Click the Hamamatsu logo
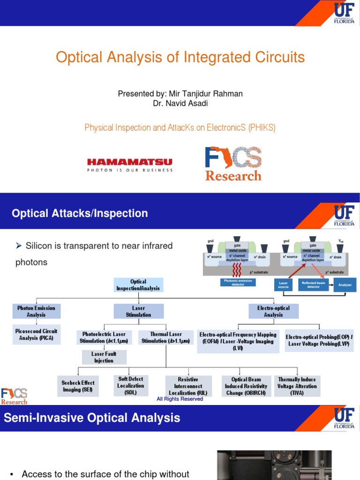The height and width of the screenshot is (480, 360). point(130,165)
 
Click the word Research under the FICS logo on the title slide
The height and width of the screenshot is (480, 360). point(233,176)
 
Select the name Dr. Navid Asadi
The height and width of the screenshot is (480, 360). point(180,103)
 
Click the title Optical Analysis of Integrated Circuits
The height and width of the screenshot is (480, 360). point(180,57)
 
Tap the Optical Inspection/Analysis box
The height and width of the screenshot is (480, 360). point(138,285)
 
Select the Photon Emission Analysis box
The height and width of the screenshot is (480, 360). point(36,311)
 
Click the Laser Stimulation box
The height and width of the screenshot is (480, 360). point(138,311)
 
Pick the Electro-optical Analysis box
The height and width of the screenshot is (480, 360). point(273,311)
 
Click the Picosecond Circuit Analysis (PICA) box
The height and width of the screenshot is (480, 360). point(36,334)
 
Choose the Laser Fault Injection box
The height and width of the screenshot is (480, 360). point(104,357)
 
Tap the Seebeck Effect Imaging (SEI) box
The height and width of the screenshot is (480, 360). point(78,386)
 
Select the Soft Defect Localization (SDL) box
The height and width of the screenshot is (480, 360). point(131,385)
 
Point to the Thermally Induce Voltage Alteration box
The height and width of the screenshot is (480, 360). point(297,386)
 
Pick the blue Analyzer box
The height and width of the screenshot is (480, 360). point(345,285)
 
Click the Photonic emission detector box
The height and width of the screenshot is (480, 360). point(238,283)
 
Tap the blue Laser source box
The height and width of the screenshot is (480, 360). point(283,285)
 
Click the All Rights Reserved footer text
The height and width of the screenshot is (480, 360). point(180,399)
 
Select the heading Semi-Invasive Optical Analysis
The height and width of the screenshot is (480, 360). point(92,418)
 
